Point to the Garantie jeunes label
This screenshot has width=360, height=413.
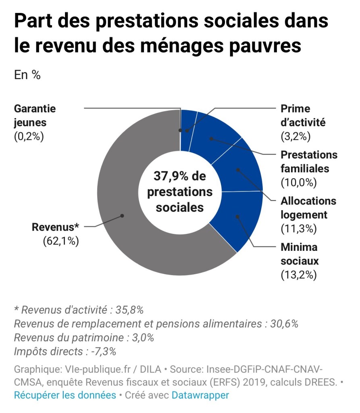pyautogui.click(x=35, y=115)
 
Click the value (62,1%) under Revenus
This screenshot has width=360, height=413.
pyautogui.click(x=60, y=241)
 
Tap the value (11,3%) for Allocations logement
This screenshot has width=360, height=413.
pyautogui.click(x=298, y=228)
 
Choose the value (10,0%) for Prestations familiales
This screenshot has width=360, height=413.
pyautogui.click(x=298, y=182)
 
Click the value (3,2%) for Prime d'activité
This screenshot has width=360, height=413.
pyautogui.click(x=295, y=136)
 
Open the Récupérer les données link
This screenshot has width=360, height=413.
pyautogui.click(x=65, y=395)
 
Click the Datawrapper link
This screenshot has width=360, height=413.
pyautogui.click(x=200, y=395)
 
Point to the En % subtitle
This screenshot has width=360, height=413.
pyautogui.click(x=27, y=75)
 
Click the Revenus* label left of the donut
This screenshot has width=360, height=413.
pyautogui.click(x=55, y=227)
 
